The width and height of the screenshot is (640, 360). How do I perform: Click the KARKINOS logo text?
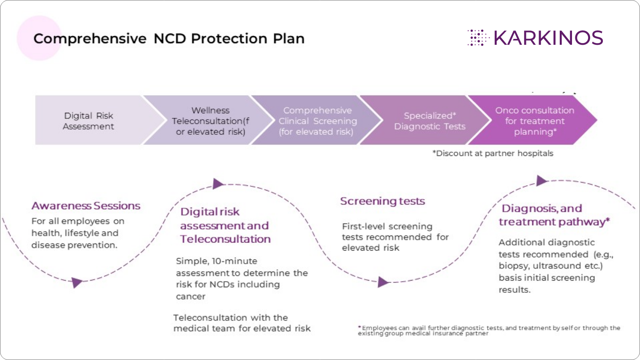pyautogui.click(x=548, y=38)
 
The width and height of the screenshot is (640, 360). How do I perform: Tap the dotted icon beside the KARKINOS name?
pyautogui.click(x=478, y=38)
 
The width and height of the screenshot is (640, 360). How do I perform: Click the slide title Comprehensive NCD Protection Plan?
pyautogui.click(x=169, y=38)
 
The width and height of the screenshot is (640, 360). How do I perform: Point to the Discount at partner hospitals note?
pyautogui.click(x=493, y=153)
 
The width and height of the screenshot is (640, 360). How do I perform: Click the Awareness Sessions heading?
pyautogui.click(x=86, y=206)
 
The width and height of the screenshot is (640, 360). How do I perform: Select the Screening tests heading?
pyautogui.click(x=383, y=201)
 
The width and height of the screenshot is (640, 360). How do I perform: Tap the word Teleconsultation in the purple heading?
pyautogui.click(x=225, y=239)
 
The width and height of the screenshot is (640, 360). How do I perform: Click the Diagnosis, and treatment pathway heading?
pyautogui.click(x=554, y=215)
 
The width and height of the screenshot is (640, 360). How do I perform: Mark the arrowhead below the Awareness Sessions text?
pyautogui.click(x=76, y=282)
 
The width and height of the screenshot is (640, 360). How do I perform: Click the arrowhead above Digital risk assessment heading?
pyautogui.click(x=218, y=184)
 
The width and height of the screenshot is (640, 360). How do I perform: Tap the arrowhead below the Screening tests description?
pyautogui.click(x=383, y=282)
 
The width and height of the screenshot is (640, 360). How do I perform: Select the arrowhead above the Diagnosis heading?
pyautogui.click(x=542, y=180)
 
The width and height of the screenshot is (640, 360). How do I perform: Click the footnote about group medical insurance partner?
pyautogui.click(x=489, y=330)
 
